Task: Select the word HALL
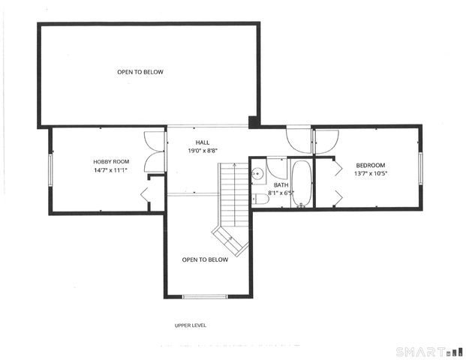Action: tap(203, 142)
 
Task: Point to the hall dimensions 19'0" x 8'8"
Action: tap(203, 151)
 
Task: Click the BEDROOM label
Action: tap(371, 165)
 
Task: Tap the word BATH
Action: tap(281, 184)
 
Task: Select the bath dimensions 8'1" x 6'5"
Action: tap(281, 193)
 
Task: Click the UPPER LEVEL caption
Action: tap(190, 325)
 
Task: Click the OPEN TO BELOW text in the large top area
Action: tap(140, 72)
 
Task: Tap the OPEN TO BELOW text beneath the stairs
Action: tap(205, 259)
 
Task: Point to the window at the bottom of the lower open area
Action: tap(204, 297)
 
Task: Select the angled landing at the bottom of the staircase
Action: tap(230, 240)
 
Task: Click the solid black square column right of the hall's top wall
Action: tap(254, 121)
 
